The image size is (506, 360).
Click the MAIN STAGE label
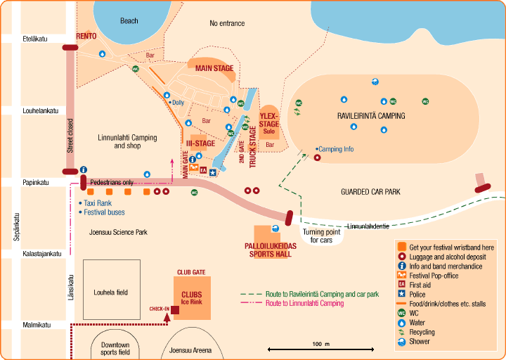point(214,68)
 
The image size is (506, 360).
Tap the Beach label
point(129,21)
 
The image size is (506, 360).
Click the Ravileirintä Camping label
point(371,115)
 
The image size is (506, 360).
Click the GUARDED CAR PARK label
point(370,191)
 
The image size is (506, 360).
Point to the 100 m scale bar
point(320,348)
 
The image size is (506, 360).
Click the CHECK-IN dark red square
point(175,309)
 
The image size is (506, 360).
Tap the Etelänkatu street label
point(34,39)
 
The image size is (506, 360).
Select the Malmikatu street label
point(36,325)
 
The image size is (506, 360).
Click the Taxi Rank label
point(98,202)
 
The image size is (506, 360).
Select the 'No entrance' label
point(227,23)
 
